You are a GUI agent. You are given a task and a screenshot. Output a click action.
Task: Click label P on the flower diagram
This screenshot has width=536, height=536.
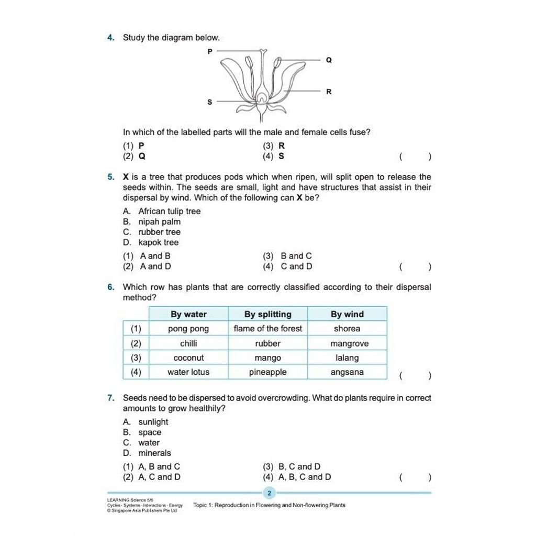pyautogui.click(x=210, y=51)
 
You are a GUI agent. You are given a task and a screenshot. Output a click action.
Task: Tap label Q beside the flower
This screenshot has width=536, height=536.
pyautogui.click(x=329, y=61)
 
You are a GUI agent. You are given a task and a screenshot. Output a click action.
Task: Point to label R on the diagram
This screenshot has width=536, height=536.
pyautogui.click(x=329, y=92)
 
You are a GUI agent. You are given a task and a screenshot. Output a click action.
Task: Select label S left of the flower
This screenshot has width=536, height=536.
pyautogui.click(x=210, y=102)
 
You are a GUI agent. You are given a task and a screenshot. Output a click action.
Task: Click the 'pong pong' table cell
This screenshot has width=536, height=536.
pyautogui.click(x=188, y=329)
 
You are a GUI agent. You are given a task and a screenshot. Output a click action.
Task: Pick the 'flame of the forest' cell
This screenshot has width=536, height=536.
pyautogui.click(x=268, y=329)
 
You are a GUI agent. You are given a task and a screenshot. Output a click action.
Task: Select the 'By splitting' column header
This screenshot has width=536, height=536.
pyautogui.click(x=268, y=314)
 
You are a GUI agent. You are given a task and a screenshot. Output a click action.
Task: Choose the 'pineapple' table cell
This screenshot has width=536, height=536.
pyautogui.click(x=268, y=372)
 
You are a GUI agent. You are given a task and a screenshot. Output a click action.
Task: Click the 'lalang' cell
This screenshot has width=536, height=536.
pyautogui.click(x=347, y=358)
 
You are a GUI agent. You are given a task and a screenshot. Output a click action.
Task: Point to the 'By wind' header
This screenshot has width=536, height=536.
pyautogui.click(x=347, y=314)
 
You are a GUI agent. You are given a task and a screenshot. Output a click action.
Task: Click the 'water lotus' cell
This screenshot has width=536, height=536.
pyautogui.click(x=188, y=372)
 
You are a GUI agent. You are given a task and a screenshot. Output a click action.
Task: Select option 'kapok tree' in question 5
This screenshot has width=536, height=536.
pyautogui.click(x=158, y=242)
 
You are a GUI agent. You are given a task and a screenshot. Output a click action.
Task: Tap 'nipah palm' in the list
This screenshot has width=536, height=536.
pyautogui.click(x=159, y=221)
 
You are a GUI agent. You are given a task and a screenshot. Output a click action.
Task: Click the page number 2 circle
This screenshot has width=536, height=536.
pyautogui.click(x=269, y=493)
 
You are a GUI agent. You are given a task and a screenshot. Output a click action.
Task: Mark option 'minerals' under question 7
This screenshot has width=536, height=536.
pyautogui.click(x=154, y=453)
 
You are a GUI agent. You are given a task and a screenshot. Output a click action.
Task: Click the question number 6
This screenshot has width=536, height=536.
pyautogui.click(x=110, y=287)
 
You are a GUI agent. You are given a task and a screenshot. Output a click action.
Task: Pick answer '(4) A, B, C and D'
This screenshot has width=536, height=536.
pyautogui.click(x=297, y=477)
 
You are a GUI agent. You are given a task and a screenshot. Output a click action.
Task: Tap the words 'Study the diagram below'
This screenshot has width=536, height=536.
pyautogui.click(x=171, y=38)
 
